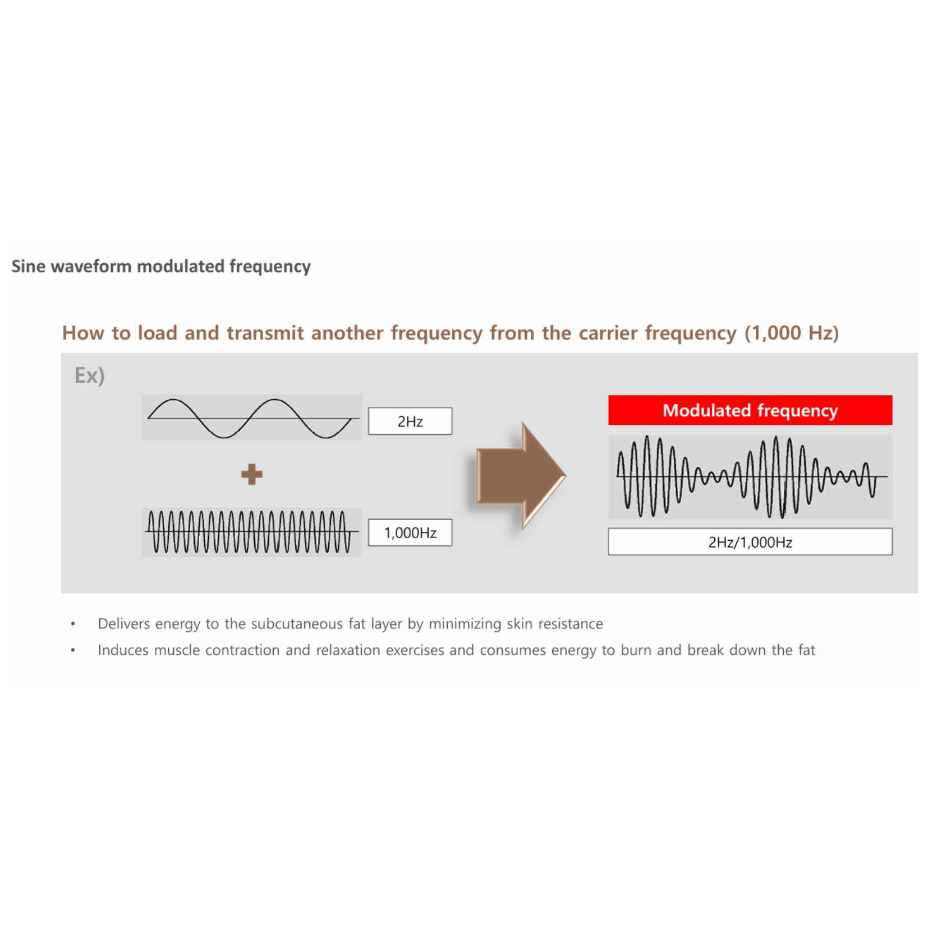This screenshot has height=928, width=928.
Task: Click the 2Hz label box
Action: pyautogui.click(x=410, y=421)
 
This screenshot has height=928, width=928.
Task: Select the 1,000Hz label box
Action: pyautogui.click(x=410, y=532)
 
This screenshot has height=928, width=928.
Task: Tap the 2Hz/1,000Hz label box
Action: pyautogui.click(x=750, y=541)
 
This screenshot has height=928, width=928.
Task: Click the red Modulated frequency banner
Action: pyautogui.click(x=750, y=410)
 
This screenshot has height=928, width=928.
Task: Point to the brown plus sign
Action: pyautogui.click(x=251, y=474)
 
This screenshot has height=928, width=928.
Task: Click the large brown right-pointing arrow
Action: pyautogui.click(x=521, y=476)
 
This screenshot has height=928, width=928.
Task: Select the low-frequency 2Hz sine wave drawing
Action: pyautogui.click(x=252, y=418)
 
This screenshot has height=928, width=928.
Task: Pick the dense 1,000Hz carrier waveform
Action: pyautogui.click(x=252, y=531)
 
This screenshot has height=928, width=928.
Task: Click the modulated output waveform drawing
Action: pyautogui.click(x=751, y=477)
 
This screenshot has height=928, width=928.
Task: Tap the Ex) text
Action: pyautogui.click(x=90, y=375)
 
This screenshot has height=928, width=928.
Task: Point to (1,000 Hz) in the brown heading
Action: pyautogui.click(x=791, y=333)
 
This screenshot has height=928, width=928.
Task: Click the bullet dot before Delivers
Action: pyautogui.click(x=73, y=623)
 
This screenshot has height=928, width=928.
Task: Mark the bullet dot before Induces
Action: pyautogui.click(x=73, y=650)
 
